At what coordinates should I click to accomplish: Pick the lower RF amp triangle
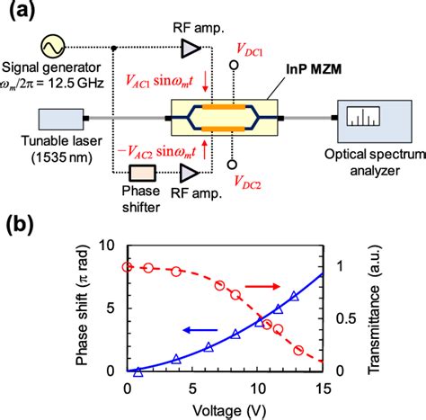[190, 173]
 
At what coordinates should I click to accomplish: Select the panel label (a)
[20, 13]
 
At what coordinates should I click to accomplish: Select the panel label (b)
[20, 224]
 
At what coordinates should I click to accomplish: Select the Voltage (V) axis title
[225, 407]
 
